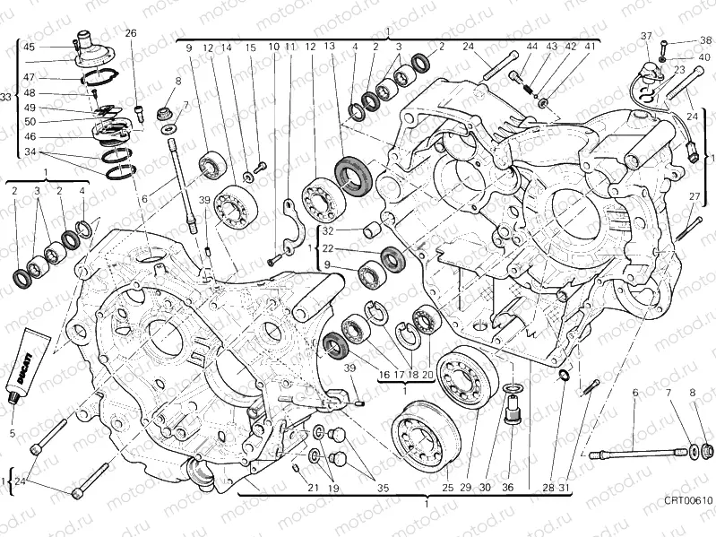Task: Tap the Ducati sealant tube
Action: [x=24, y=368]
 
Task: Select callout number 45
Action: [x=30, y=47]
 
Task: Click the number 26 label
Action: [x=131, y=34]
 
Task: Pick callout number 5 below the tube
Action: [x=13, y=434]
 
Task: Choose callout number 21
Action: [x=313, y=488]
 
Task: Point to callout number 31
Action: [x=565, y=488]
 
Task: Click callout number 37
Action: [x=644, y=35]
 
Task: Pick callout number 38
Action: [x=706, y=40]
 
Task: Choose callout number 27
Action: [x=694, y=196]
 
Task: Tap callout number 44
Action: [x=531, y=46]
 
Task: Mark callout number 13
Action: [x=330, y=46]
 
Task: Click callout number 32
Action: [x=328, y=231]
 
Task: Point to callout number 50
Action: [x=30, y=121]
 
